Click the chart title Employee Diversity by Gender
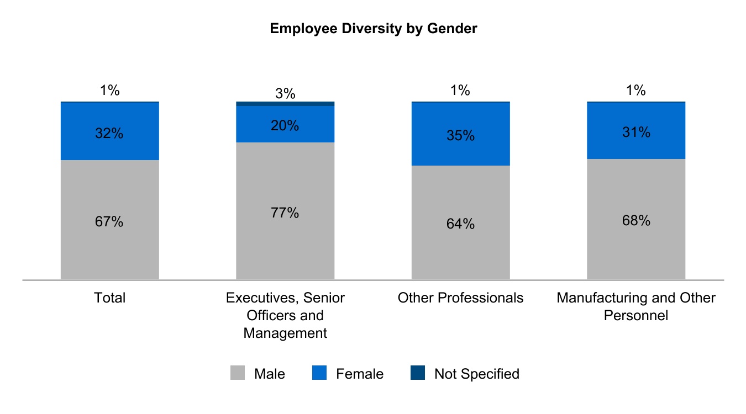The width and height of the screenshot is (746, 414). [373, 29]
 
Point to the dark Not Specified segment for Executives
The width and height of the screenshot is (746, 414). [285, 104]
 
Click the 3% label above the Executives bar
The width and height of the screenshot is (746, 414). [285, 94]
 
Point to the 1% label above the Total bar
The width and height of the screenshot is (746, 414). [110, 91]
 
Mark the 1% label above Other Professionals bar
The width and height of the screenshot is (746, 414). [460, 91]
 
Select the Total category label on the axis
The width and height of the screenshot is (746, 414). [110, 298]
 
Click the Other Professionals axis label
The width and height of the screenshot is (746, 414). [460, 298]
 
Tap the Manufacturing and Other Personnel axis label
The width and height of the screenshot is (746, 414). [636, 307]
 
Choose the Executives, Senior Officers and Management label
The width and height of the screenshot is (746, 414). [285, 316]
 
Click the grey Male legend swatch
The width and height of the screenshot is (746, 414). [237, 374]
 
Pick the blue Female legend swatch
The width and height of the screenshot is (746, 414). [319, 374]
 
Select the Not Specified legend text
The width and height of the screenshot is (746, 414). [476, 374]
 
